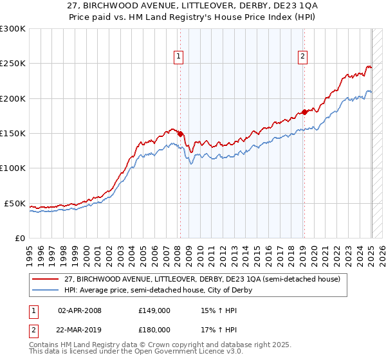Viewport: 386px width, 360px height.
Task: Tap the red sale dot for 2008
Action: coord(180,134)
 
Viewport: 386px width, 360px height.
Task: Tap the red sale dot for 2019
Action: coord(304,113)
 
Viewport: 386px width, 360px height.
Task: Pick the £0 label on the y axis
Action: coord(19,238)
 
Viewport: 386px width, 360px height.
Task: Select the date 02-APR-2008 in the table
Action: coord(80,310)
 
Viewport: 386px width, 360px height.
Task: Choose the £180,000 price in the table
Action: coord(154,329)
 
